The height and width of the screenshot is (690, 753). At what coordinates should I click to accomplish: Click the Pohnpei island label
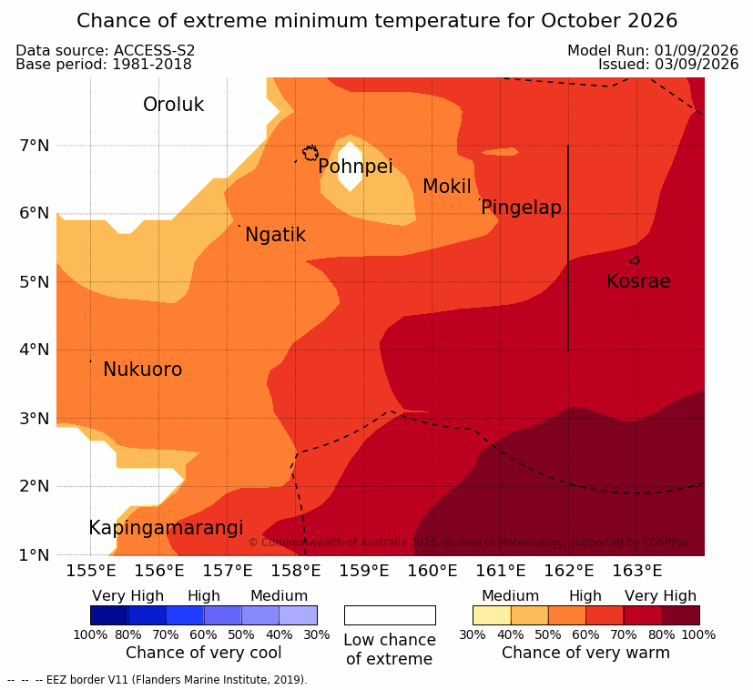click(355, 167)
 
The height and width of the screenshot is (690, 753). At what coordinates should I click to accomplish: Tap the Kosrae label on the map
click(638, 281)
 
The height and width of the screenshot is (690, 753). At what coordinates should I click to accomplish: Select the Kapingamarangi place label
click(166, 528)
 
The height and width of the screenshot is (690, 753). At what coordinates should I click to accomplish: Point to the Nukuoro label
click(143, 370)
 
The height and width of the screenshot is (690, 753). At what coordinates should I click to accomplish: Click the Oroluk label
click(173, 104)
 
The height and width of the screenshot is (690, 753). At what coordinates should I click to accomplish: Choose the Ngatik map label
click(275, 235)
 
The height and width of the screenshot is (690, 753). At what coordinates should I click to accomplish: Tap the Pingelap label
click(521, 208)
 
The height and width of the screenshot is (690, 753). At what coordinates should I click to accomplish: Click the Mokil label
click(447, 187)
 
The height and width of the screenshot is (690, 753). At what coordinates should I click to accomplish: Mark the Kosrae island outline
click(635, 260)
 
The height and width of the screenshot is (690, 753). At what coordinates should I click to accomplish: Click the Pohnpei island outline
click(310, 153)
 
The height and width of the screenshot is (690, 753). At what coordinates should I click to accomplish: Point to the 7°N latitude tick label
click(34, 146)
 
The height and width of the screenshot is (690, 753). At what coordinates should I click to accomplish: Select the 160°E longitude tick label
click(432, 571)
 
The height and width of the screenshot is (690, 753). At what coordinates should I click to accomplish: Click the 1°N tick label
click(34, 555)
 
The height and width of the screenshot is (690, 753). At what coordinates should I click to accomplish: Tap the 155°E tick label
click(91, 571)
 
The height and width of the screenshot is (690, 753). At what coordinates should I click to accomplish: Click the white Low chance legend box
click(390, 615)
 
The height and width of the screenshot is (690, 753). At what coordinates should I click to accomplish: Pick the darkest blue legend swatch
click(109, 615)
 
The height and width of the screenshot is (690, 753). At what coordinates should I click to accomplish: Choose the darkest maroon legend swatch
click(680, 615)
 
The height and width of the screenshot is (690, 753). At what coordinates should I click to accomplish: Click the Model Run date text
click(653, 50)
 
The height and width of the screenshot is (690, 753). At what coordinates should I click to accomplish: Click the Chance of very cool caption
click(204, 653)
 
